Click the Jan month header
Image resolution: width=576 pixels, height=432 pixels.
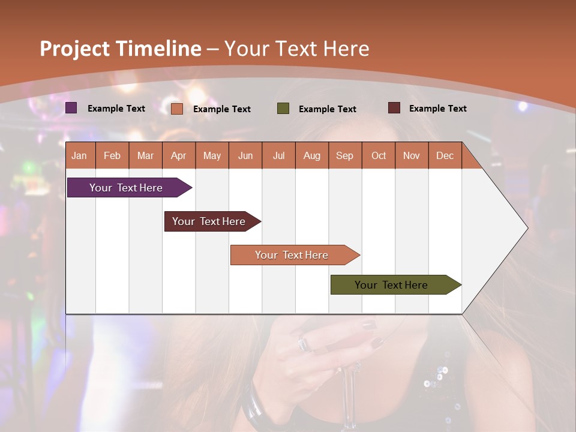pyautogui.click(x=79, y=156)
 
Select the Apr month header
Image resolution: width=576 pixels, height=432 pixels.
pyautogui.click(x=179, y=156)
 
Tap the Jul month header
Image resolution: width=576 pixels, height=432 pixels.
pyautogui.click(x=278, y=156)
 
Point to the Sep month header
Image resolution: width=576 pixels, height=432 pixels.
pyautogui.click(x=344, y=156)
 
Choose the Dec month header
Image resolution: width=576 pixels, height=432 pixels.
pyautogui.click(x=445, y=156)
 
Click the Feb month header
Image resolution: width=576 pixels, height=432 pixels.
pyautogui.click(x=112, y=156)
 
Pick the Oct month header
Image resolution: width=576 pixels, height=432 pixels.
pyautogui.click(x=379, y=156)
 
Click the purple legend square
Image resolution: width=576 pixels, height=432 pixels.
pyautogui.click(x=71, y=108)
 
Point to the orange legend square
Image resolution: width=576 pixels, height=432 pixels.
pyautogui.click(x=177, y=109)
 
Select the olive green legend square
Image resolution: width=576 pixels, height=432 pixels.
pyautogui.click(x=283, y=109)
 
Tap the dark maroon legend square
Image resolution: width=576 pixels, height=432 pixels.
pyautogui.click(x=394, y=108)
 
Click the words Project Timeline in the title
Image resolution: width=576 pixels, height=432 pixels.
pyautogui.click(x=120, y=49)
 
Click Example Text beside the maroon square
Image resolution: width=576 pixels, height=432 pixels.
pyautogui.click(x=437, y=109)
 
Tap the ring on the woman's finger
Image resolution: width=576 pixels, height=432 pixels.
pyautogui.click(x=303, y=344)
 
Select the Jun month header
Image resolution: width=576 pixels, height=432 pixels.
pyautogui.click(x=245, y=156)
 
